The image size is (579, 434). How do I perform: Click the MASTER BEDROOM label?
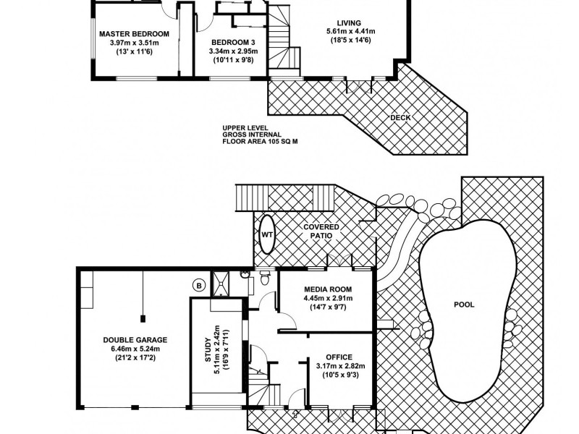[x=134, y=33]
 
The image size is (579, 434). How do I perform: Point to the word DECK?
[x=400, y=116]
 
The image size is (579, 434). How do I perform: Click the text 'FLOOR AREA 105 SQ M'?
[x=261, y=142]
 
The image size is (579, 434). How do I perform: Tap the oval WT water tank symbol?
[x=266, y=234]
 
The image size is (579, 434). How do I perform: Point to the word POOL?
[x=463, y=305]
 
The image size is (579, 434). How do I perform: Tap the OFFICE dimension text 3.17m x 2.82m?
[x=339, y=367]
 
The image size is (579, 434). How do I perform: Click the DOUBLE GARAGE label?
[x=135, y=339]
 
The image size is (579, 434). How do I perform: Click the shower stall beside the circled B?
[x=220, y=283]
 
